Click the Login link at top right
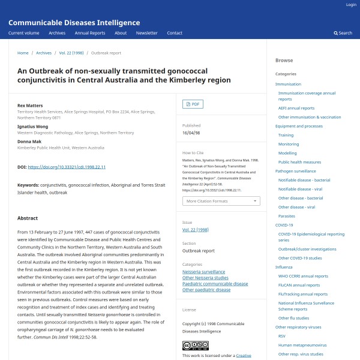tap(351, 5)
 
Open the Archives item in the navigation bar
tap(57, 33)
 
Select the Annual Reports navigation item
tap(90, 33)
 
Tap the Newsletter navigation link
tap(147, 33)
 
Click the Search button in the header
tap(343, 33)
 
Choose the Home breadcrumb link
tap(23, 53)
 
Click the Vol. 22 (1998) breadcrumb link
tap(71, 53)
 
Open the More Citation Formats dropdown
tap(221, 201)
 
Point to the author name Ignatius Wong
tap(32, 127)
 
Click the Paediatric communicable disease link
tap(215, 284)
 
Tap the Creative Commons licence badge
tap(196, 346)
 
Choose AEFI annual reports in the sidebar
tap(296, 108)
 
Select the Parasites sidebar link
tap(287, 216)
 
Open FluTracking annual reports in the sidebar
tap(304, 294)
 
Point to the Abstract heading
tap(28, 218)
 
